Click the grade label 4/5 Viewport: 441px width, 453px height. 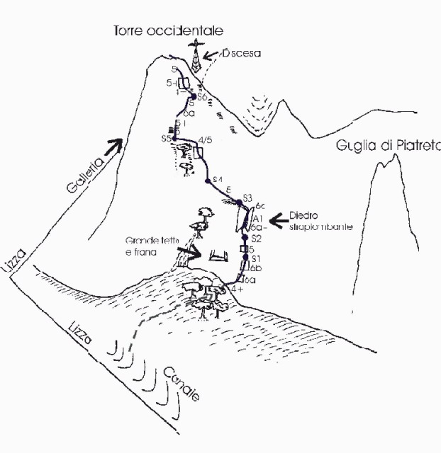click(x=206, y=139)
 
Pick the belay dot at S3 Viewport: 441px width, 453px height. click(x=239, y=202)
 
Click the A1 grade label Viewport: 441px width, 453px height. click(x=258, y=219)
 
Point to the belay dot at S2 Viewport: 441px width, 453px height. click(x=245, y=238)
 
